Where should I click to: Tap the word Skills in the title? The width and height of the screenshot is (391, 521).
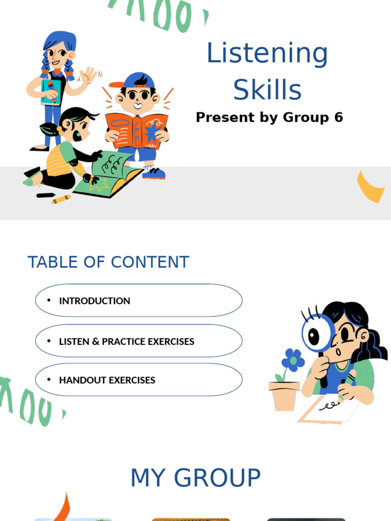[x=267, y=90]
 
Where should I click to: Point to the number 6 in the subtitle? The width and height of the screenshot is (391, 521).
[x=339, y=118]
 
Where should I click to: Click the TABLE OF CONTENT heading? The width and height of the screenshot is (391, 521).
[x=108, y=262]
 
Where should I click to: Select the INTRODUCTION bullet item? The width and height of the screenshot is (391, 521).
[x=95, y=301]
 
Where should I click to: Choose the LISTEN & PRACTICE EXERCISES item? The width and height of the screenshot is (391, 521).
[x=127, y=341]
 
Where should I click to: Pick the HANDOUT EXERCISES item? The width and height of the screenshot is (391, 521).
[x=107, y=380]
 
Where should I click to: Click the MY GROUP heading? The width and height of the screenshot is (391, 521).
[x=195, y=478]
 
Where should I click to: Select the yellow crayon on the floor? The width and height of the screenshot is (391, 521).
[x=61, y=199]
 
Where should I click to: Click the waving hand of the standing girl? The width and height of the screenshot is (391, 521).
[x=89, y=76]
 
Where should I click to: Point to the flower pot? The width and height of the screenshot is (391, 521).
[x=284, y=395]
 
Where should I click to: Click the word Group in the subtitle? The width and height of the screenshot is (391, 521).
[x=305, y=118]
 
